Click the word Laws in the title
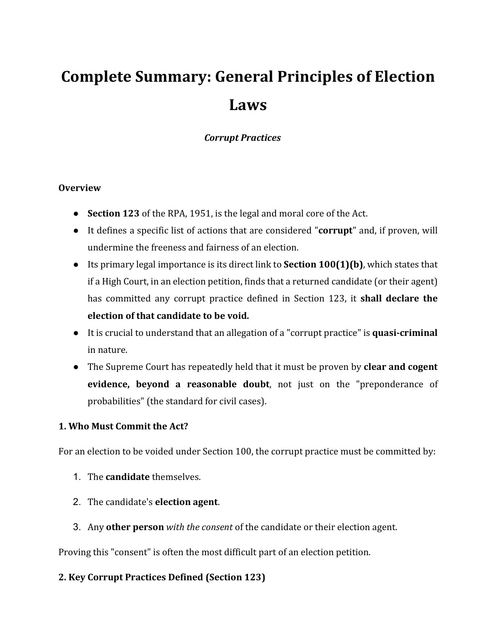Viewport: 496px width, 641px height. (x=248, y=105)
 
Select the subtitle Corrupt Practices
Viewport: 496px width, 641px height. (x=242, y=138)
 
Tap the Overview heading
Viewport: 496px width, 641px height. (x=79, y=188)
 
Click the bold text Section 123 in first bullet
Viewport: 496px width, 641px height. (x=113, y=213)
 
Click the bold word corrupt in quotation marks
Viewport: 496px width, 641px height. (x=335, y=230)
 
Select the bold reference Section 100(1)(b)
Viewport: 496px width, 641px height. (x=323, y=264)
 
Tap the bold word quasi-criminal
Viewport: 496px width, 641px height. (x=404, y=333)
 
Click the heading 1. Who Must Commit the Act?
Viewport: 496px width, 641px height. (x=123, y=426)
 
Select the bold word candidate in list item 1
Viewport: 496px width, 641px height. (x=127, y=477)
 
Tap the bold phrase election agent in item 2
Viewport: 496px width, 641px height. (x=186, y=502)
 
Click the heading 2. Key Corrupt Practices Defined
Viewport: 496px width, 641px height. (x=162, y=577)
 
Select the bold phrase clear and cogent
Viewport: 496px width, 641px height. (x=400, y=367)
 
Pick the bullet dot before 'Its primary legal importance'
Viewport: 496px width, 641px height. (x=76, y=264)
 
